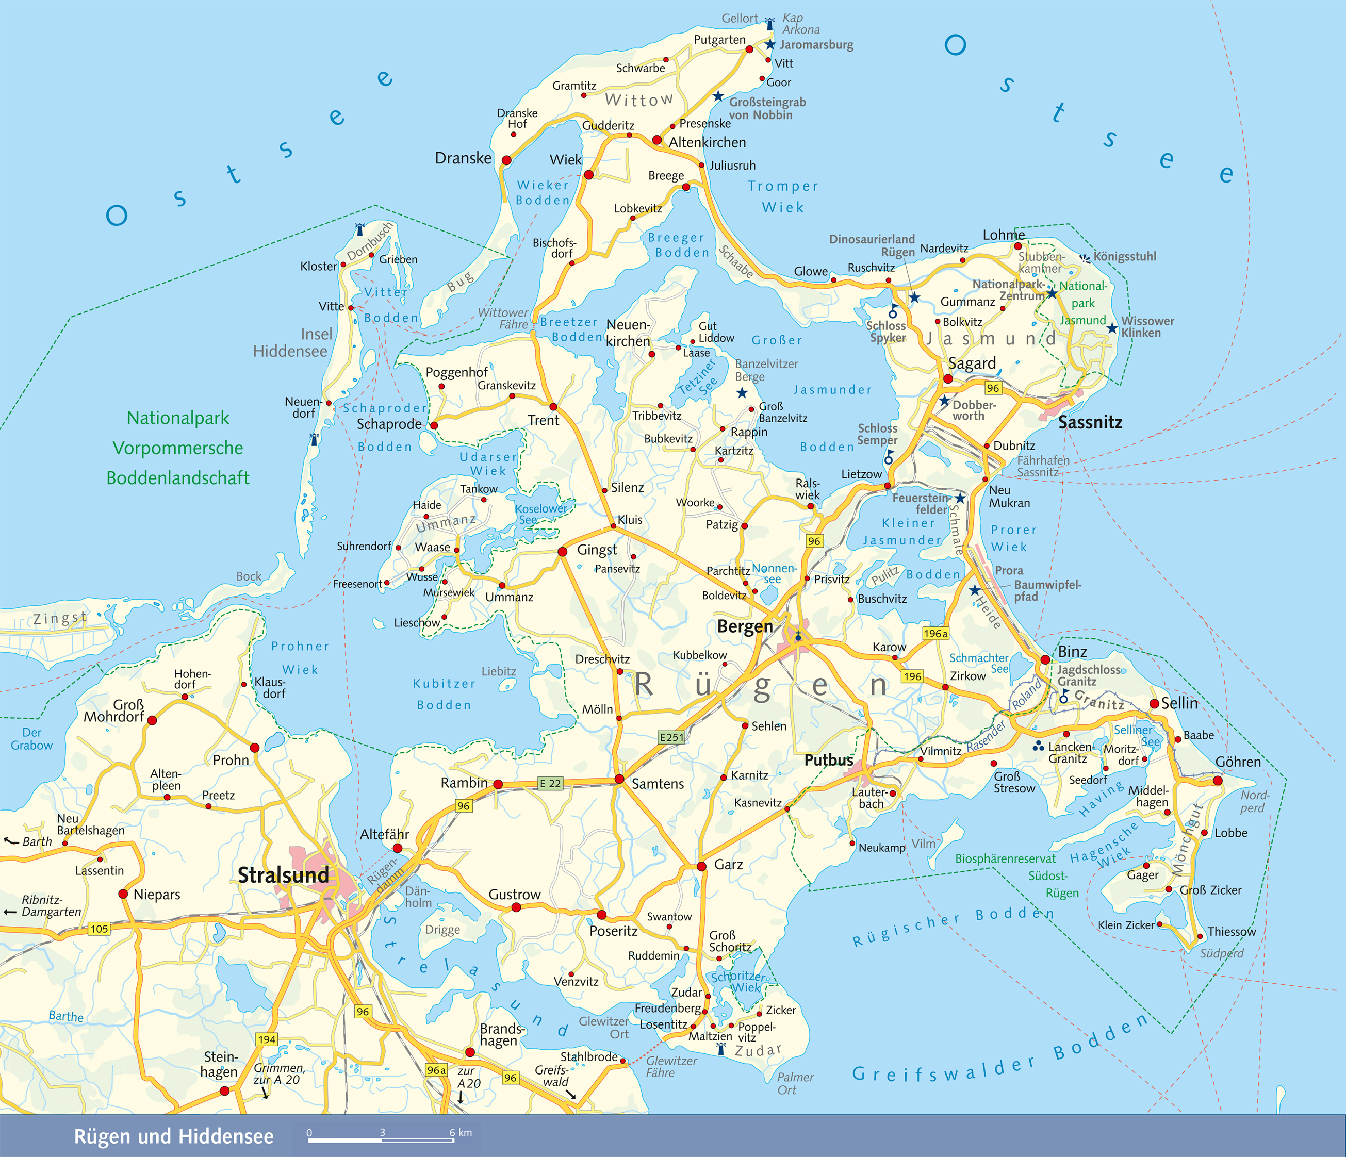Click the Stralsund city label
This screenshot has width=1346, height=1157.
[283, 875]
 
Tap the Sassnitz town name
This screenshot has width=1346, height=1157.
[1090, 422]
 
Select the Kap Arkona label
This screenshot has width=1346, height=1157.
[800, 24]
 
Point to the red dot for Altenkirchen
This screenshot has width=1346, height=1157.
[657, 140]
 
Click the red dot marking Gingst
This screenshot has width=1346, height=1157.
[563, 552]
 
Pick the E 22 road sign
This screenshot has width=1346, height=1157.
[550, 784]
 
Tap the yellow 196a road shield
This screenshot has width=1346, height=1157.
[935, 633]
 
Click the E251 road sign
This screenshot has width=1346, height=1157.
[671, 737]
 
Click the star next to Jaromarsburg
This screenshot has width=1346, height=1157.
[770, 45]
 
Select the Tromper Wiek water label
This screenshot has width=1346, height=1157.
[783, 196]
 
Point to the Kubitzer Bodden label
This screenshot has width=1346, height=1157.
[445, 694]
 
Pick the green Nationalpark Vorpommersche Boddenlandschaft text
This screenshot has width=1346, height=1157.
[178, 448]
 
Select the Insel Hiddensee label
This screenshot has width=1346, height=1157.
[290, 342]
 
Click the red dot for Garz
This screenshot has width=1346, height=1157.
[701, 867]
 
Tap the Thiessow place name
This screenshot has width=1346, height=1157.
[1231, 932]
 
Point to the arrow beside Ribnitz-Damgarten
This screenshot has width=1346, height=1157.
[10, 912]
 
